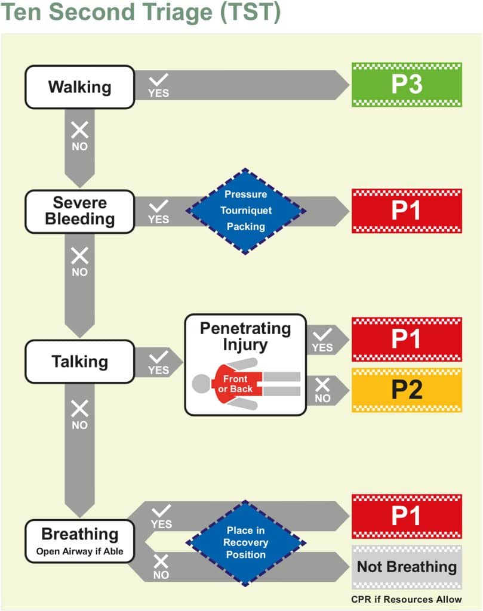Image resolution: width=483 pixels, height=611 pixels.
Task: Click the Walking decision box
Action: [x=79, y=87]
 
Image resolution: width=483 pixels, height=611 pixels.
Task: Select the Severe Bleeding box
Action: [x=79, y=211]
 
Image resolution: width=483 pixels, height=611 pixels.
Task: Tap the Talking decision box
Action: [x=79, y=362]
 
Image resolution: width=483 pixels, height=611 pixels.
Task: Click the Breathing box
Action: [x=79, y=541]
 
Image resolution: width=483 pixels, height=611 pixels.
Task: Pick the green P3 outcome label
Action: [x=407, y=85]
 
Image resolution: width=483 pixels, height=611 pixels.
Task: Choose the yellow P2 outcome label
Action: [x=407, y=390]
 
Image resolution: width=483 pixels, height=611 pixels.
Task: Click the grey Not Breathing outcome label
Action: [x=407, y=566]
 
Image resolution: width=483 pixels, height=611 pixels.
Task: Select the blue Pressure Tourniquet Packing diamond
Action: [x=245, y=211]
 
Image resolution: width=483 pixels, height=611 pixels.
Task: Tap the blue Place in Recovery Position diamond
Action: [x=245, y=542]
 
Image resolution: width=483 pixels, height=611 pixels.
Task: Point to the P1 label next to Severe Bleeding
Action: [x=407, y=211]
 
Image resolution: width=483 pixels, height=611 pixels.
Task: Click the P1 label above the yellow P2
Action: [x=407, y=339]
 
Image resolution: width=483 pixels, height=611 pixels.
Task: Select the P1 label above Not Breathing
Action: [x=407, y=516]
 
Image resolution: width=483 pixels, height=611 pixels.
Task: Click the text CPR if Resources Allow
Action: [x=407, y=599]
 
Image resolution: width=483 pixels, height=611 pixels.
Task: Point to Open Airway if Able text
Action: [x=79, y=551]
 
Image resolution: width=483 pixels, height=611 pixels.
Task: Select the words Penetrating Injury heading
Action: [x=245, y=337]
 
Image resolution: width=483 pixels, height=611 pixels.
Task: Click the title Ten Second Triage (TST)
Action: [x=141, y=13]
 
